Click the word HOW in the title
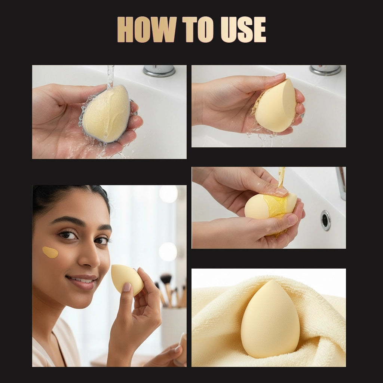coord(147,30)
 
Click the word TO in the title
coord(198,30)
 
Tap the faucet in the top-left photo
coord(159,70)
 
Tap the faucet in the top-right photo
coord(325,70)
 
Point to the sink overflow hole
coord(325,220)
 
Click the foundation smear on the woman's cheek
coord(50,252)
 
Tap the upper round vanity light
coord(168,194)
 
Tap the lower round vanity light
coord(168,251)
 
